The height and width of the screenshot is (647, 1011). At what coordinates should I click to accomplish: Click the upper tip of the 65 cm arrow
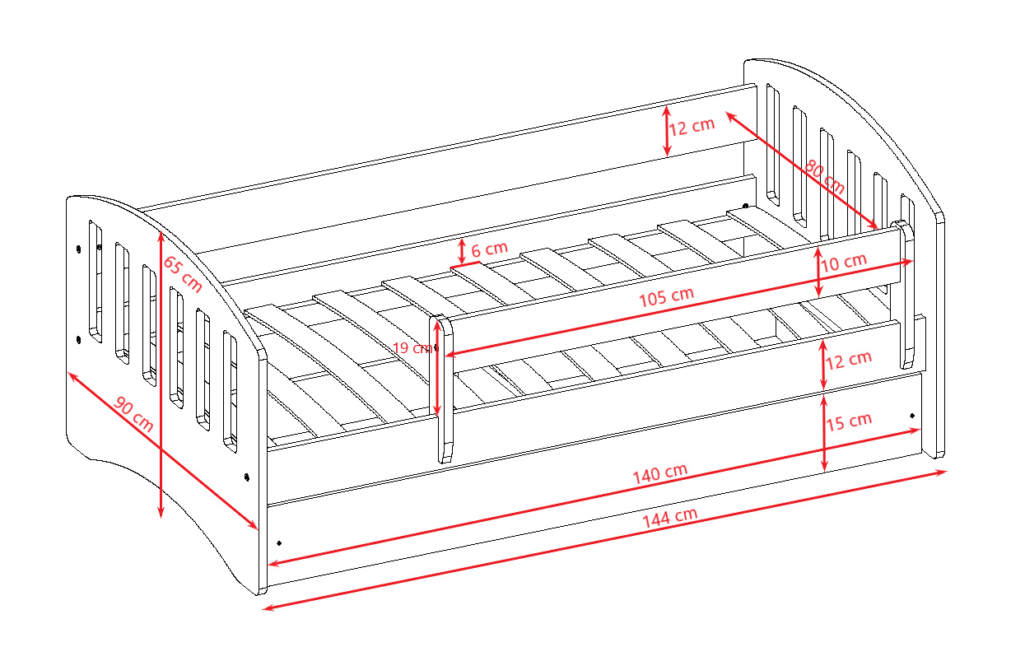click(x=161, y=231)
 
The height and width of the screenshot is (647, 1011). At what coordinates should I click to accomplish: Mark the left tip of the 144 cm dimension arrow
click(x=263, y=610)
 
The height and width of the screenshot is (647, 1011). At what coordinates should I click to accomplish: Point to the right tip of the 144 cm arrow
click(x=947, y=472)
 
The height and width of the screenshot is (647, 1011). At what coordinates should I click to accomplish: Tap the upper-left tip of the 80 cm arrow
click(x=726, y=112)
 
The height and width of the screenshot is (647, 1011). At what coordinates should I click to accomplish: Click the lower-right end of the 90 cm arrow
click(x=258, y=528)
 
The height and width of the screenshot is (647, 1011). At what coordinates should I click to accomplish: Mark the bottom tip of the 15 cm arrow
click(x=825, y=472)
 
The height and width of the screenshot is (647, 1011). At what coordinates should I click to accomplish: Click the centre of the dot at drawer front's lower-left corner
click(x=279, y=543)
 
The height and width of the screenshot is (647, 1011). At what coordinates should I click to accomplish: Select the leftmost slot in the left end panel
click(x=96, y=282)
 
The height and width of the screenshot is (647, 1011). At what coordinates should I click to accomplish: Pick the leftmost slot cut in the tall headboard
click(x=773, y=144)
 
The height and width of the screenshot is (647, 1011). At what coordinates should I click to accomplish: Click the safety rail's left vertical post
click(x=441, y=389)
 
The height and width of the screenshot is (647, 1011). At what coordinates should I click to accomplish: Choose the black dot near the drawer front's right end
click(x=912, y=416)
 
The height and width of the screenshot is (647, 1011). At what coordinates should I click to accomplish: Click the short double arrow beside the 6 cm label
click(x=461, y=252)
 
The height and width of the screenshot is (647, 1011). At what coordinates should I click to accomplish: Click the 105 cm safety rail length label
click(x=666, y=297)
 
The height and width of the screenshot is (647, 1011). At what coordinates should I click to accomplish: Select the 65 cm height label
click(x=182, y=274)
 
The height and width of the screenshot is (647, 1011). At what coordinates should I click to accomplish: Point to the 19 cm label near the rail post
click(x=412, y=348)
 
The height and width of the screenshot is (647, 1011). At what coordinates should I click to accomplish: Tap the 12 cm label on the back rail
click(x=692, y=126)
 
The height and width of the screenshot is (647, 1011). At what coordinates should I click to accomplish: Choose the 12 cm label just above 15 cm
click(x=849, y=360)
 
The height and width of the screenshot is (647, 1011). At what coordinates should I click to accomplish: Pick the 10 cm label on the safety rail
click(x=843, y=262)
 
